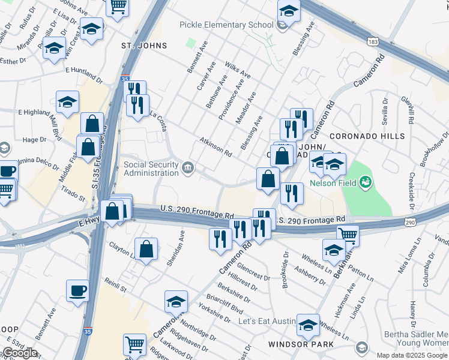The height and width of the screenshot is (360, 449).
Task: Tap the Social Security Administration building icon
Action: point(188,166)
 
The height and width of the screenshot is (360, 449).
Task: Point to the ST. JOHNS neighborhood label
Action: point(143,46)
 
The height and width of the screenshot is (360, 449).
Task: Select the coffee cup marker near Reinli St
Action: point(78,291)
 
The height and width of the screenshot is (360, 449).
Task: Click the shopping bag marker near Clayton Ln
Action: point(146,249)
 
